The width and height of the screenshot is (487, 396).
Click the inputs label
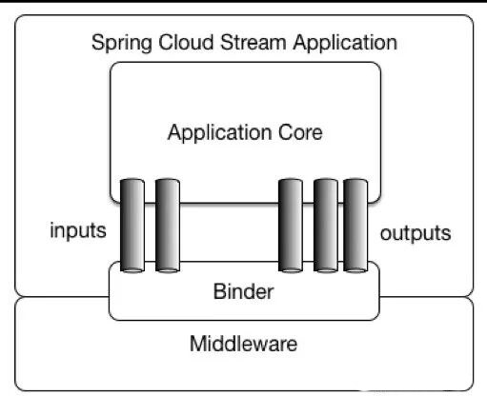coord(77,231)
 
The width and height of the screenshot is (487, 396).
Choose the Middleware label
coord(244,342)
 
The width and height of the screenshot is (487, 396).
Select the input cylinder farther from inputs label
coord(168,225)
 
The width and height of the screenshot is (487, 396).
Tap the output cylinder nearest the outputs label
coord(355,225)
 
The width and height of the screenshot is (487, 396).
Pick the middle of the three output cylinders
coord(325,225)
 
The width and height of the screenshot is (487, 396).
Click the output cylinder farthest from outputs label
coord(291,225)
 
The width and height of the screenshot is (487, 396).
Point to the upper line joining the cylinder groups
coord(229,202)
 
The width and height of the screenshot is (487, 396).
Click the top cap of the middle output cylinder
coord(325,181)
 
